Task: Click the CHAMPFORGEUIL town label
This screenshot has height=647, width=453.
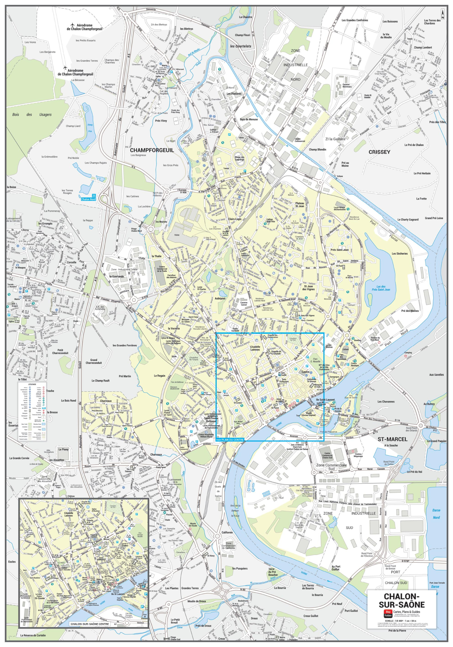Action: (x=152, y=150)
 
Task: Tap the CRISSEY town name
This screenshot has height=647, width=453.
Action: (x=379, y=152)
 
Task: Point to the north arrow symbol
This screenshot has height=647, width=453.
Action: (x=443, y=14)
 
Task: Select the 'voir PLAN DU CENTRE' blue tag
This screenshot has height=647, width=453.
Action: (x=230, y=439)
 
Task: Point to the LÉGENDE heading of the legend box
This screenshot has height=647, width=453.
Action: (x=32, y=384)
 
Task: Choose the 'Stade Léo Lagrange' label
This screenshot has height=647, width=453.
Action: (x=239, y=158)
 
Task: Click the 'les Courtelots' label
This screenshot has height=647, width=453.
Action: (x=240, y=46)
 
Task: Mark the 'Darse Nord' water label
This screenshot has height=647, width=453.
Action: (x=436, y=514)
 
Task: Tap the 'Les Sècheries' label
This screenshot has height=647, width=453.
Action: (x=399, y=253)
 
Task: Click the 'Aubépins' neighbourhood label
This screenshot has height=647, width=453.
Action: (x=220, y=298)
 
